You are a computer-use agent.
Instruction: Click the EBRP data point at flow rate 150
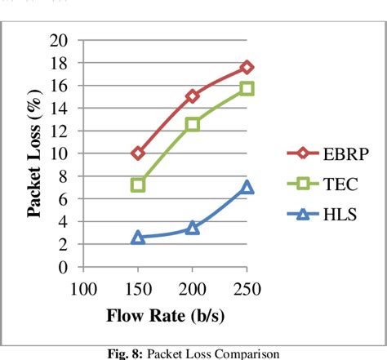[138, 153]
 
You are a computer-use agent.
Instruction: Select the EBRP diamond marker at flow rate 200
[193, 96]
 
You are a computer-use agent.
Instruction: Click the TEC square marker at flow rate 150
[138, 185]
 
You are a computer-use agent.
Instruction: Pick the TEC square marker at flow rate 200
[193, 124]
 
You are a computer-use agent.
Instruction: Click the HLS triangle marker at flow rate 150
[138, 237]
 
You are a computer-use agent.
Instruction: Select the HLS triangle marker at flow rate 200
[193, 228]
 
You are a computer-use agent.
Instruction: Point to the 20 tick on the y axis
[59, 41]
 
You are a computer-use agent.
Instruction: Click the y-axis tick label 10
[59, 153]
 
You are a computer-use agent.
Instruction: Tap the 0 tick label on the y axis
[64, 267]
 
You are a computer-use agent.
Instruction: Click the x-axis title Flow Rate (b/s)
[165, 315]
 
